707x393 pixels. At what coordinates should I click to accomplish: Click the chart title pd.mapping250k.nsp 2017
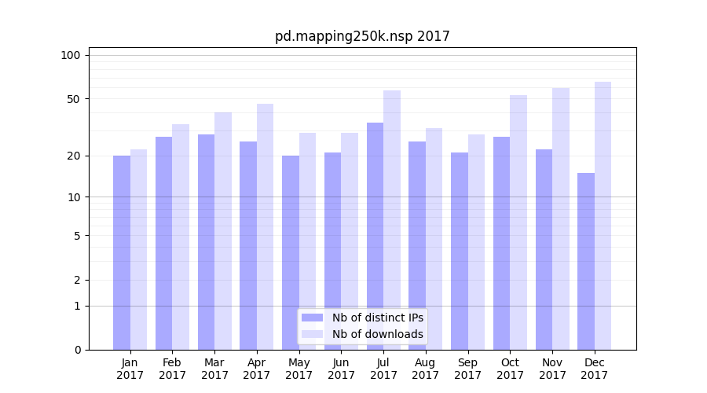click(x=362, y=36)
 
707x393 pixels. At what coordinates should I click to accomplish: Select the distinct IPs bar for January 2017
click(x=122, y=252)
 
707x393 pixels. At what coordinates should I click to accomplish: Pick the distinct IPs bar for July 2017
click(x=375, y=236)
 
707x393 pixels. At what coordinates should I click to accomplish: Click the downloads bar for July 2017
click(x=392, y=220)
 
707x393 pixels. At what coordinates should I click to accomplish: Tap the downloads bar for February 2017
click(x=181, y=237)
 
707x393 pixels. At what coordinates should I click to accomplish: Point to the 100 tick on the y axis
click(x=71, y=55)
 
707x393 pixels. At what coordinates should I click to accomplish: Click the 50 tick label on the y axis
click(x=73, y=99)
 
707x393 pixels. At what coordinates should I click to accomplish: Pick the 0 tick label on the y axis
click(x=76, y=350)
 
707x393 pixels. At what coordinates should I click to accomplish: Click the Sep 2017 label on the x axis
click(x=467, y=369)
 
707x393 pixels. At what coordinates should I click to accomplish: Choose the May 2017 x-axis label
click(x=299, y=369)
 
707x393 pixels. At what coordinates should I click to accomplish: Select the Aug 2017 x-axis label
click(x=425, y=369)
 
